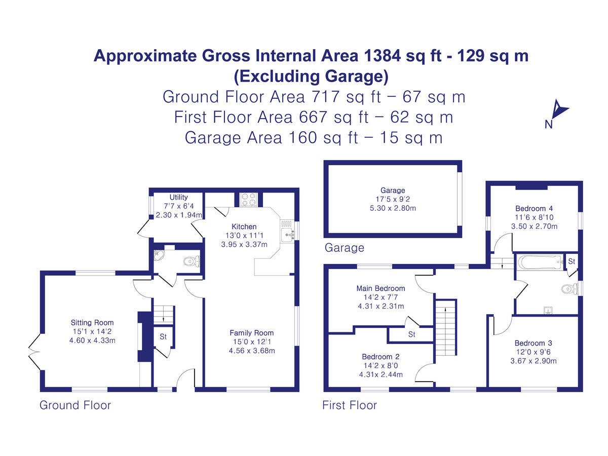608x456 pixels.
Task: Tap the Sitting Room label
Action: point(92,322)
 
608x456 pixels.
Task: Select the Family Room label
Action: point(251,333)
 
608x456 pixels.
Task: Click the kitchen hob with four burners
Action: point(248,200)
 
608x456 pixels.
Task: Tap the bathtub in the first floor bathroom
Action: point(539,262)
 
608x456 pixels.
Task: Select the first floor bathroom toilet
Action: point(571,289)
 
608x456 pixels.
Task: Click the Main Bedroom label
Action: point(381,288)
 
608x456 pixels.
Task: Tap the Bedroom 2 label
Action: point(381,357)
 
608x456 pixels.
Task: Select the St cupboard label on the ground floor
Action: point(163,337)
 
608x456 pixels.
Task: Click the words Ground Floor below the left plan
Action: point(75,405)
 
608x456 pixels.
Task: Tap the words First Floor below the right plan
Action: point(350,405)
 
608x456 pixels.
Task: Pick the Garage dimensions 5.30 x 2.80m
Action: point(393,208)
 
